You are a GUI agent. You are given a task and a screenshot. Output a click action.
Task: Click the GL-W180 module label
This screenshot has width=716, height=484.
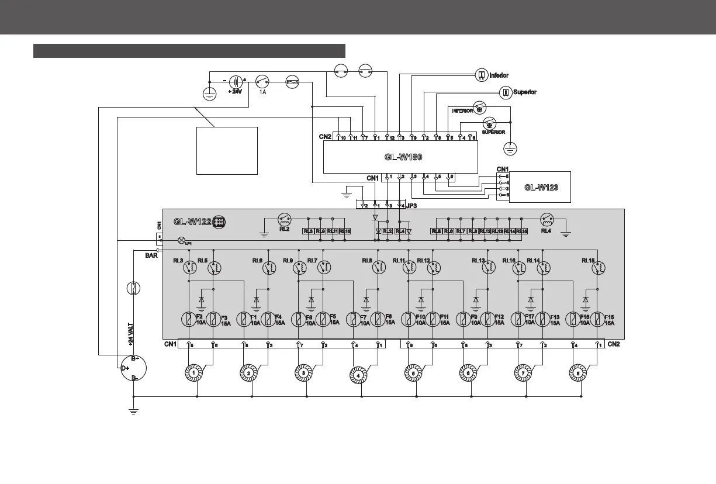pyautogui.click(x=403, y=157)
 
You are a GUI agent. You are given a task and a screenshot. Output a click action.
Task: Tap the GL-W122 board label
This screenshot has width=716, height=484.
pyautogui.click(x=192, y=222)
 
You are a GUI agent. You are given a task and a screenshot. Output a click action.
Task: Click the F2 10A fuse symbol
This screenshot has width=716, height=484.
pyautogui.click(x=188, y=319)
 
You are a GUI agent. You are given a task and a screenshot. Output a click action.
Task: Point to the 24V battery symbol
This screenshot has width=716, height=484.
pyautogui.click(x=236, y=82)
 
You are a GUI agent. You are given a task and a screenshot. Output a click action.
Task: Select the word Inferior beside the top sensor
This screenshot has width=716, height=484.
pyautogui.click(x=499, y=75)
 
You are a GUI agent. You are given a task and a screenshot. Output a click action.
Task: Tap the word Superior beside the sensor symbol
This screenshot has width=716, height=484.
pyautogui.click(x=524, y=92)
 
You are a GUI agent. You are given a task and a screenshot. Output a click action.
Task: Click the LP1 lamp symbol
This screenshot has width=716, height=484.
pyautogui.click(x=181, y=240)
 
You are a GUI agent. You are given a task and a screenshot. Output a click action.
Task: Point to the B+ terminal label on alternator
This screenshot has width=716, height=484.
pyautogui.click(x=134, y=358)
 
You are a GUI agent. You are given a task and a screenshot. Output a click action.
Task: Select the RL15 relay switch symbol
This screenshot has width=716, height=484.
pyautogui.click(x=597, y=268)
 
